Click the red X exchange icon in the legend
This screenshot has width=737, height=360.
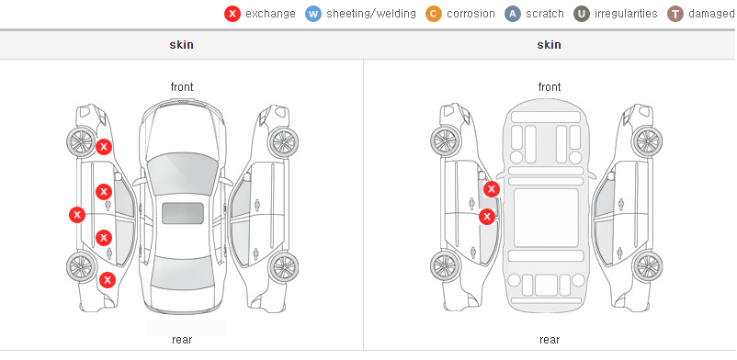(x=232, y=14)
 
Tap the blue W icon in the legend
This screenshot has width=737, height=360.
(x=313, y=14)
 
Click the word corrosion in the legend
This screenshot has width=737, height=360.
(x=471, y=14)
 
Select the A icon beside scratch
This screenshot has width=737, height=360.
(x=513, y=14)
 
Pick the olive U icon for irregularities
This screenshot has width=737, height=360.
(x=582, y=14)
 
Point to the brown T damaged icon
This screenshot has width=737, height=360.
(x=675, y=14)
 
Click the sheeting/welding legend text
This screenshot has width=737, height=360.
(x=371, y=14)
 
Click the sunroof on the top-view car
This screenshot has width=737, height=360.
(x=183, y=213)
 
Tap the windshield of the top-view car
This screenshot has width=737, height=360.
(x=182, y=171)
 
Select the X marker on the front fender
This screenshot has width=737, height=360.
(x=104, y=147)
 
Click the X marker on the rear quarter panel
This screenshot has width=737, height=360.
(x=108, y=281)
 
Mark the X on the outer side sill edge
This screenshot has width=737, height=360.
(x=76, y=215)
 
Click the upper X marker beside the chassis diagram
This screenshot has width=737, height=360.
(x=492, y=189)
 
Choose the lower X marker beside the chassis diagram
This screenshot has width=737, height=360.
(x=487, y=217)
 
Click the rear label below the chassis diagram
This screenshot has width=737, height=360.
(x=550, y=340)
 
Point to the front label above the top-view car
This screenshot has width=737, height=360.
(x=182, y=87)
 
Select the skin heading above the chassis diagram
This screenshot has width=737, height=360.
(x=549, y=45)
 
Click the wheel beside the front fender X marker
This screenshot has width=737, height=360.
(x=81, y=141)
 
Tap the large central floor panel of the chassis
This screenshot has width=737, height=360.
(x=546, y=218)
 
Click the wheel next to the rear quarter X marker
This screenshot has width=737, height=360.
(x=81, y=266)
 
